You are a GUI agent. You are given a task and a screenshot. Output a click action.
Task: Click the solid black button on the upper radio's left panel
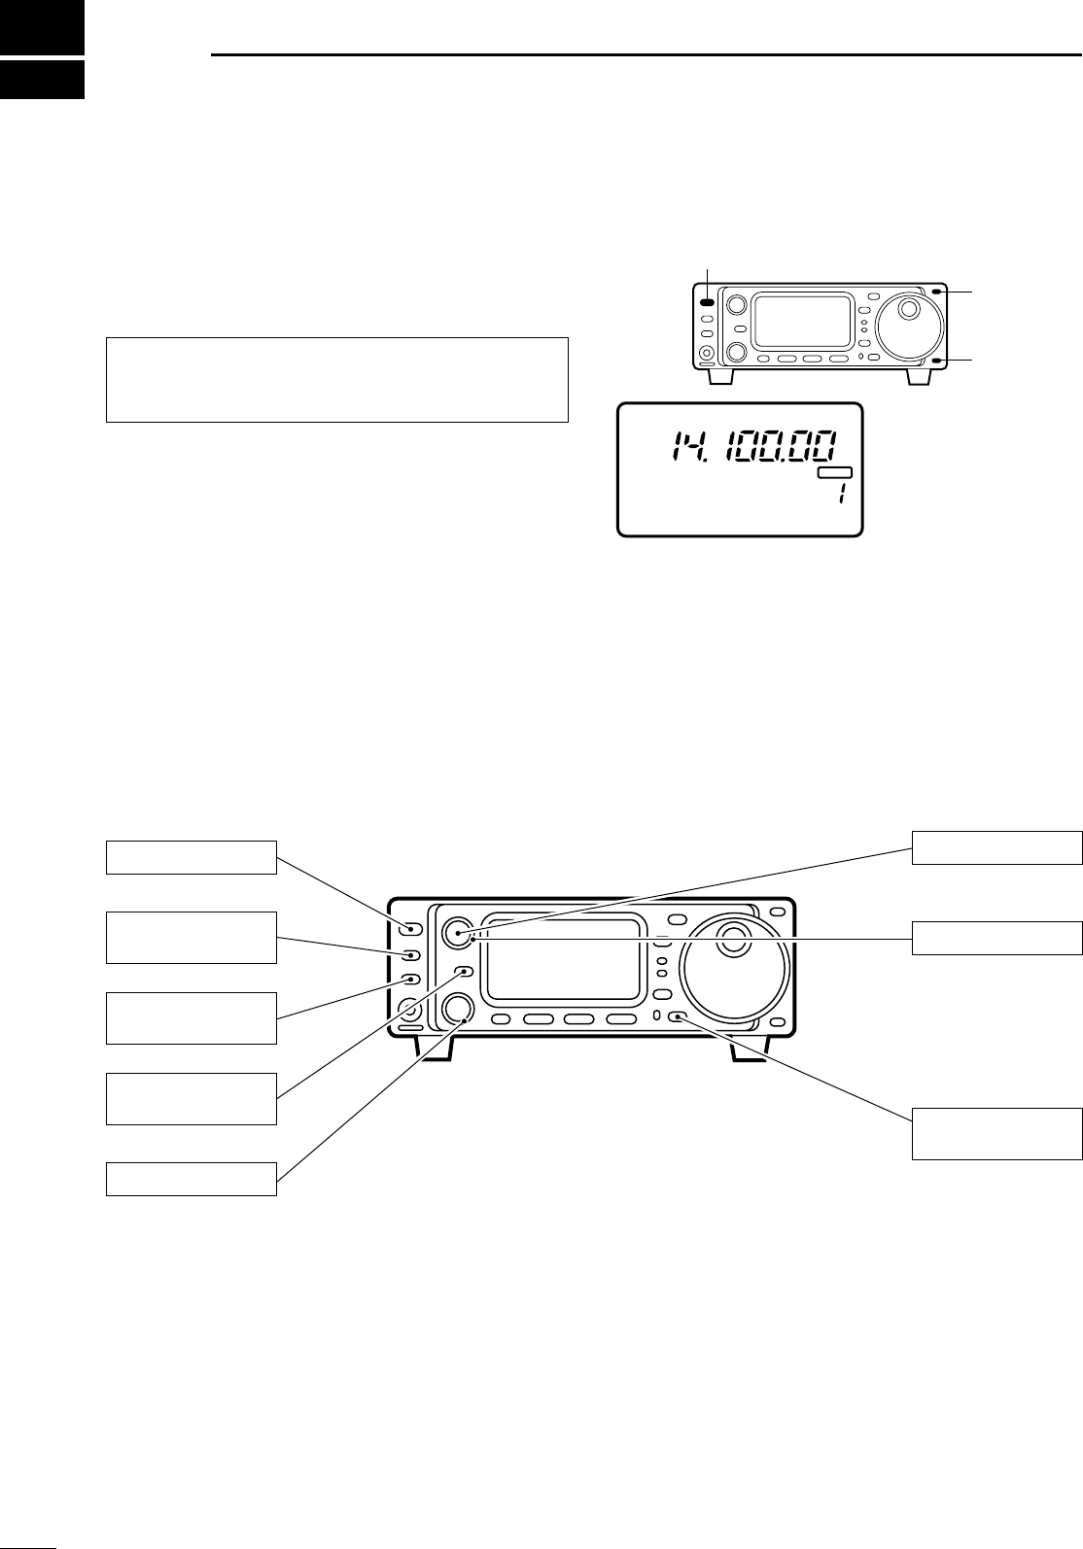(707, 303)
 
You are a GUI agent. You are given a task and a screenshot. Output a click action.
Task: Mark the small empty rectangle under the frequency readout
(834, 473)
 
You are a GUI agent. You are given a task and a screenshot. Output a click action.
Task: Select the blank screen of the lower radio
(563, 959)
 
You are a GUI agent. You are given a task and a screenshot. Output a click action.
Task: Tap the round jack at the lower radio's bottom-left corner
(411, 1010)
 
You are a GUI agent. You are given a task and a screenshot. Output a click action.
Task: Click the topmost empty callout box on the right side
(996, 847)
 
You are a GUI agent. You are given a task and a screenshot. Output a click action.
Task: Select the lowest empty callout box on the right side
(996, 1133)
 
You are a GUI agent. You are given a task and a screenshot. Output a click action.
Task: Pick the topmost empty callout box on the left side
(191, 857)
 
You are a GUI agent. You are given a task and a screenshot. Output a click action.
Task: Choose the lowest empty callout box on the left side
(191, 1179)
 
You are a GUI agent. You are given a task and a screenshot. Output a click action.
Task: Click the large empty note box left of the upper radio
(336, 380)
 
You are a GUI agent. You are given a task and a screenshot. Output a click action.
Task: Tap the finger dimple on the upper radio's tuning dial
(909, 309)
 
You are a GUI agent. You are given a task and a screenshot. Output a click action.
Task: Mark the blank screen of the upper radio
(803, 322)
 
